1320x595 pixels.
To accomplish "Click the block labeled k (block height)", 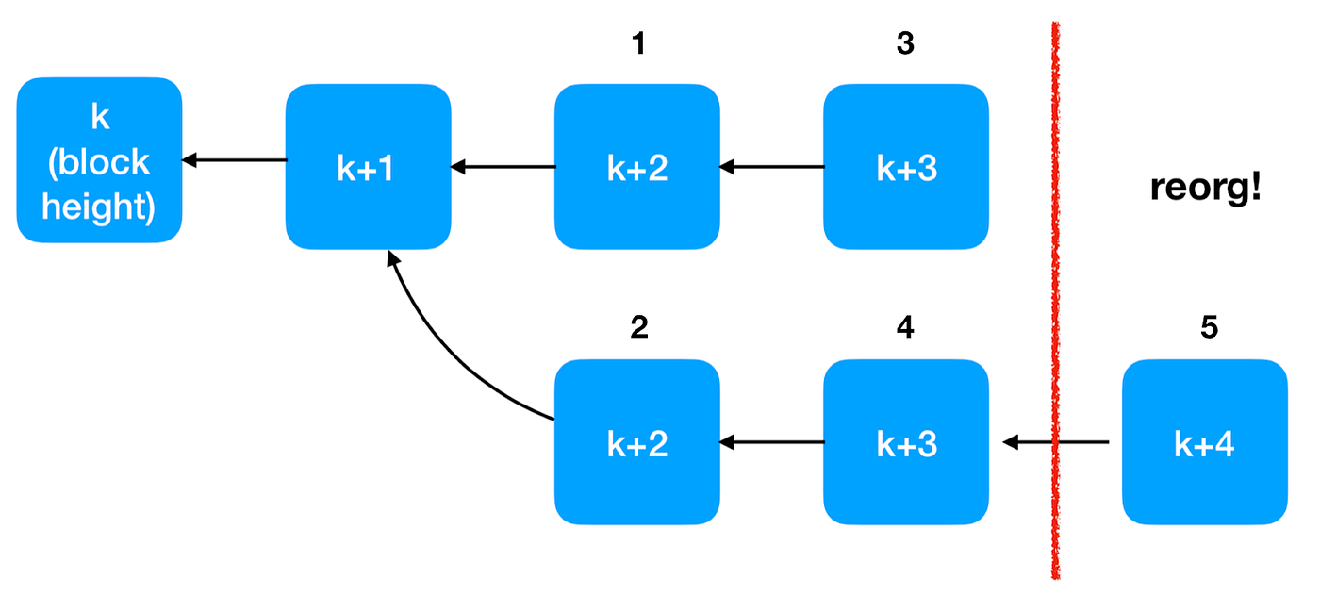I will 99,160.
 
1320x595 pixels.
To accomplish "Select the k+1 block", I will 368,167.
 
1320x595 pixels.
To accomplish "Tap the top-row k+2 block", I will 636,167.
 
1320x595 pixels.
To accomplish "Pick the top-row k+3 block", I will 906,167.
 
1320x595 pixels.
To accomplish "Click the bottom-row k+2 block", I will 636,441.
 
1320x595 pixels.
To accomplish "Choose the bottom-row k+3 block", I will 906,441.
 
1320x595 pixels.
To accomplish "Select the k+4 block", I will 1204,441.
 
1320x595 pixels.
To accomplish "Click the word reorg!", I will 1205,188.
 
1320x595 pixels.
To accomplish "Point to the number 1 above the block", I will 638,43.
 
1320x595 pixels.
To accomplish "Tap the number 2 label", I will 638,327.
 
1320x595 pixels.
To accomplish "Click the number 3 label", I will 906,43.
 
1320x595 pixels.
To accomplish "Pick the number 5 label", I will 1209,327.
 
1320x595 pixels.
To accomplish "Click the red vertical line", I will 1054,283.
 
